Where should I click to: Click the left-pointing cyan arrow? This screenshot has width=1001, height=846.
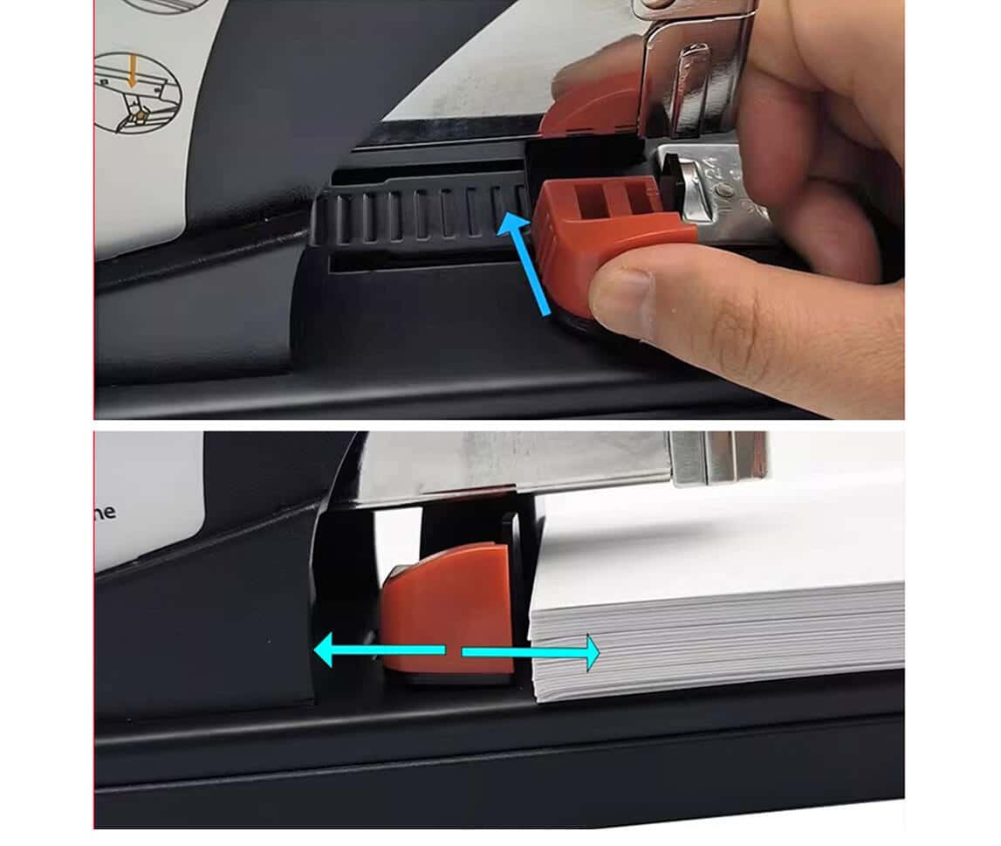375,650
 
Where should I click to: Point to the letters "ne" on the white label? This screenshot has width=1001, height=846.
106,512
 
